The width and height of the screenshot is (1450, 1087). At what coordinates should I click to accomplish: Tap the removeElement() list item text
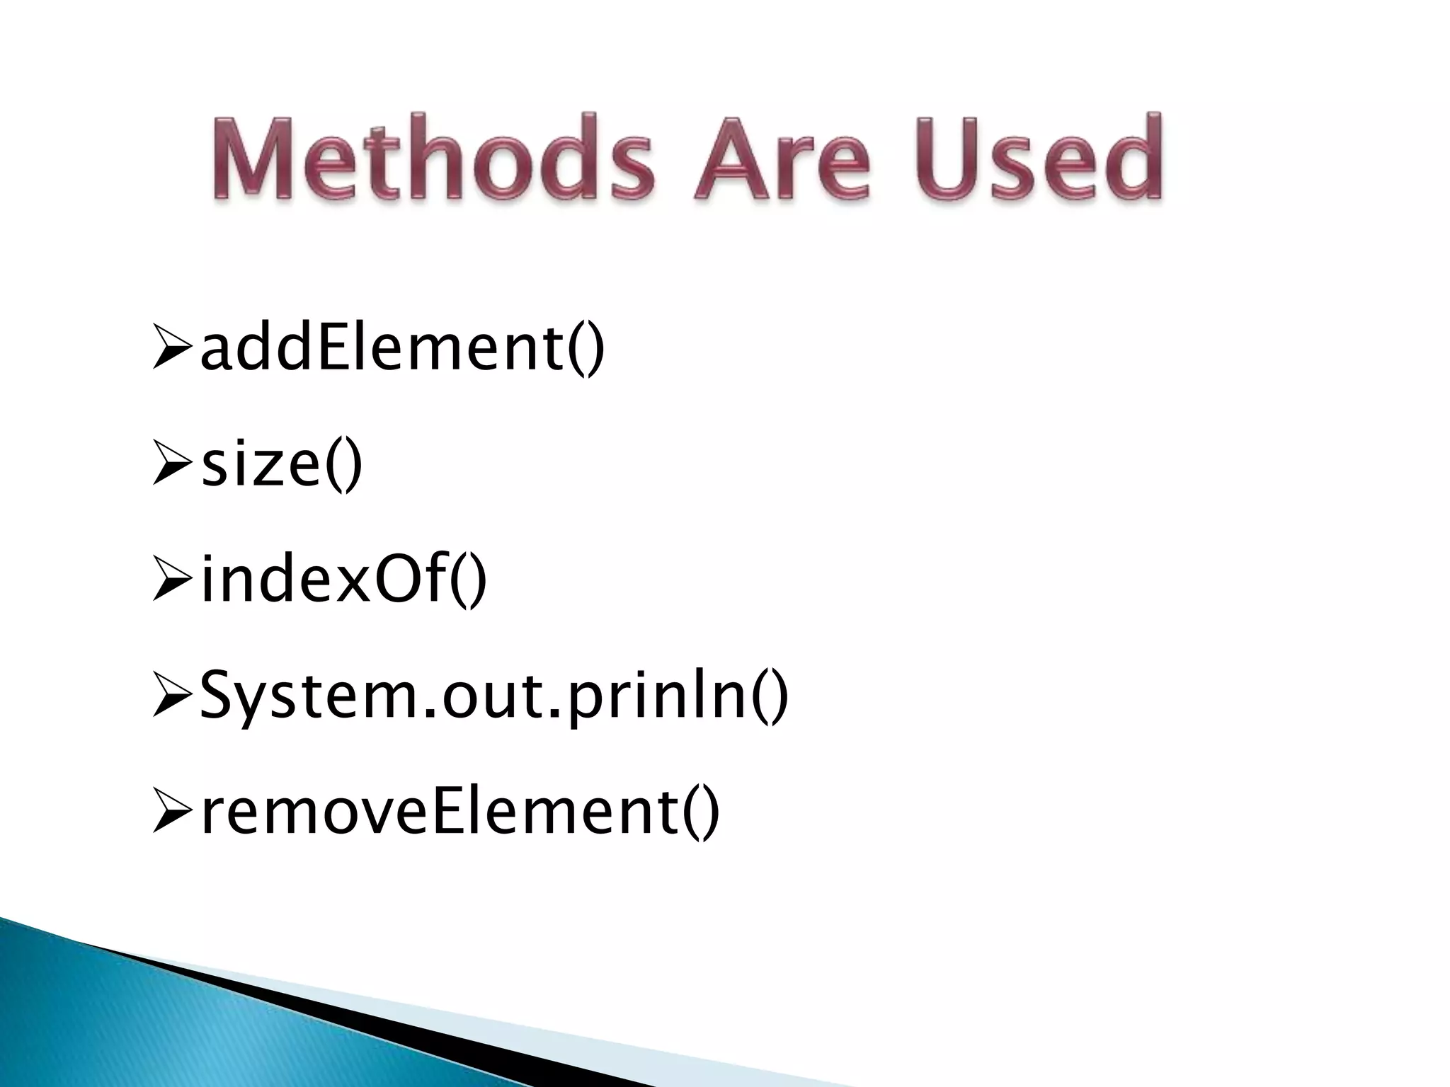coord(460,812)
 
